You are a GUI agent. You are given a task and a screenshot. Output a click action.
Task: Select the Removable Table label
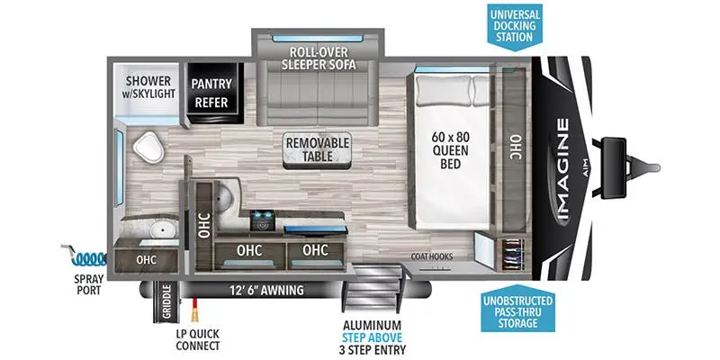click(310, 149)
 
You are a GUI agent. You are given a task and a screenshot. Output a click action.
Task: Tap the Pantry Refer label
click(212, 94)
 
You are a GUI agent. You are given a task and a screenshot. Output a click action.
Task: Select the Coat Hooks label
click(432, 256)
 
